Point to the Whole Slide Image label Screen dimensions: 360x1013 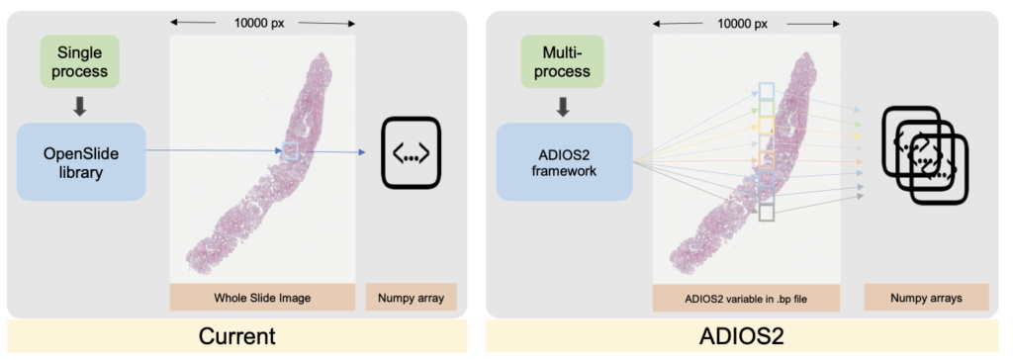click(x=262, y=297)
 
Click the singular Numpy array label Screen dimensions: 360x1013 click(x=412, y=297)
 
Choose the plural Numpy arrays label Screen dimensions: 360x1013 click(x=925, y=297)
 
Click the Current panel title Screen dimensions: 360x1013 click(x=237, y=335)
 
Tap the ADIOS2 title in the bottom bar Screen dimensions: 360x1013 click(x=747, y=335)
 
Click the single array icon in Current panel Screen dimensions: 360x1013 click(x=412, y=153)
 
